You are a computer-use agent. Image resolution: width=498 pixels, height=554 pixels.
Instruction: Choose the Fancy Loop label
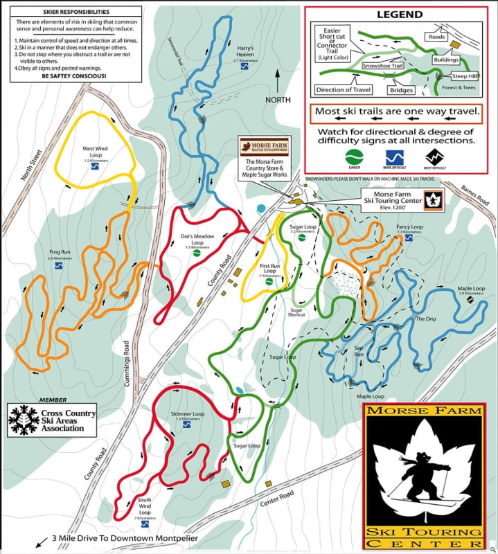(x=409, y=229)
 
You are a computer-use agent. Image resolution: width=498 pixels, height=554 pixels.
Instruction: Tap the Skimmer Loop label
(x=187, y=416)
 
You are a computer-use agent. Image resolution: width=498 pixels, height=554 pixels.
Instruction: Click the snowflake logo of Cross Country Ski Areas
(x=23, y=420)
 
